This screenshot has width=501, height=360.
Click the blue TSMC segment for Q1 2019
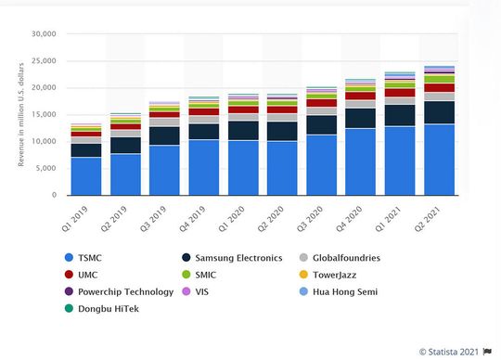[x=86, y=176]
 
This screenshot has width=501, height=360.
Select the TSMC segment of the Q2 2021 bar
[x=439, y=160]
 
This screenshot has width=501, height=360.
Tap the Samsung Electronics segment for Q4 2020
[x=361, y=118]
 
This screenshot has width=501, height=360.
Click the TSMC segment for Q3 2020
[x=322, y=165]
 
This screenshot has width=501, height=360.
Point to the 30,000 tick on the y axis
[x=44, y=34]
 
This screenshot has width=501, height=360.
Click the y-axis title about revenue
[x=20, y=115]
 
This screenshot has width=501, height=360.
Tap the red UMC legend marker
[x=68, y=275]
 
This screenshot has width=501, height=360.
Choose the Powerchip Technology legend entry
[x=125, y=291]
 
